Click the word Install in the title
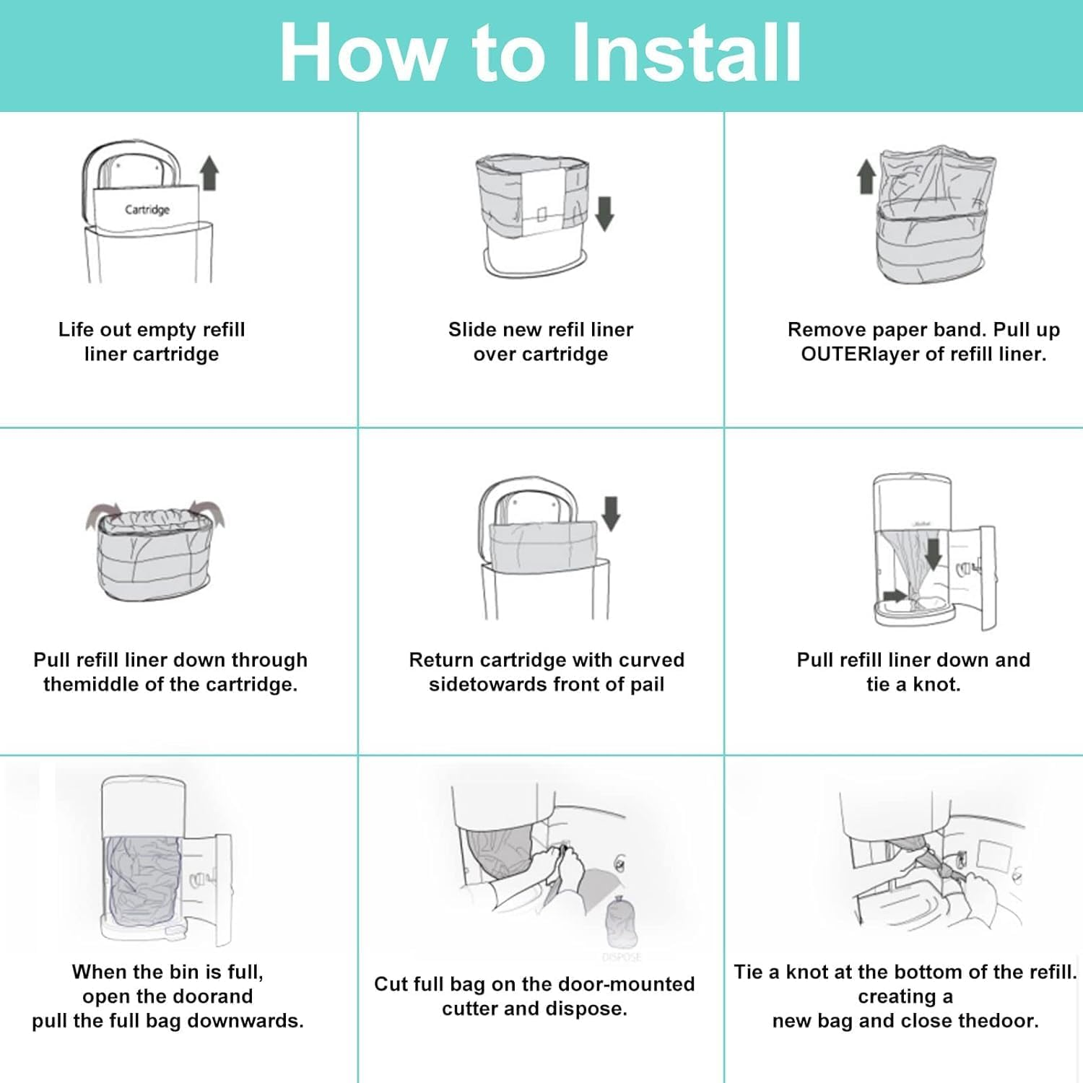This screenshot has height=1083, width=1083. [686, 52]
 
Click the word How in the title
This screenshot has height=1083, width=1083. [361, 52]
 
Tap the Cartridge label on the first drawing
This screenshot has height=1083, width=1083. [147, 209]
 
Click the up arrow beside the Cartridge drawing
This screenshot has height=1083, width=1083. [209, 173]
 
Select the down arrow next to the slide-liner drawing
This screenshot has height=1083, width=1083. [604, 213]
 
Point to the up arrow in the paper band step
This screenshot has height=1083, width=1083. [866, 177]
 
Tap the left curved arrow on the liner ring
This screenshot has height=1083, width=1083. [100, 514]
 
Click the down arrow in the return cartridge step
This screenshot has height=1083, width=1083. [611, 513]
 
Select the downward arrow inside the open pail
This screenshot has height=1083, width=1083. [933, 552]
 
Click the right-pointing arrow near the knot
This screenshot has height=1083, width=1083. [894, 596]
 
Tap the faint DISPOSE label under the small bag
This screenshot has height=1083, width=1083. [621, 957]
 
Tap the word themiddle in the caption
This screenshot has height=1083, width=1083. [91, 684]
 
